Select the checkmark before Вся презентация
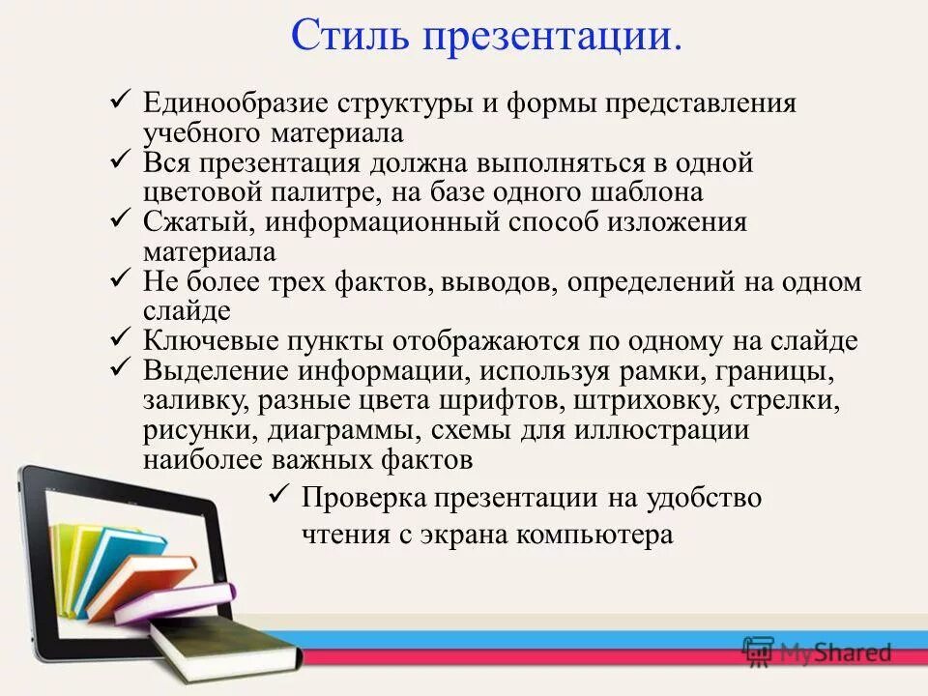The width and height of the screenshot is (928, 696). (x=122, y=159)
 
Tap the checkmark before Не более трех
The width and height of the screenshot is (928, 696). (x=122, y=278)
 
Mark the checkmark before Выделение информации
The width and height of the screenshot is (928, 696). (x=122, y=367)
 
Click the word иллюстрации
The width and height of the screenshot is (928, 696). (x=658, y=430)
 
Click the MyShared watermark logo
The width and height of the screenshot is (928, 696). (x=817, y=652)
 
